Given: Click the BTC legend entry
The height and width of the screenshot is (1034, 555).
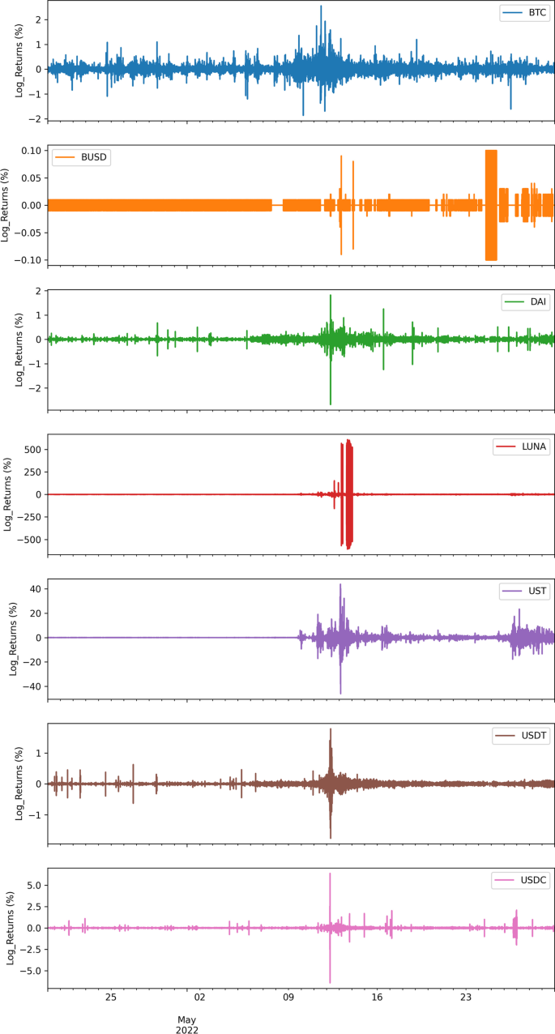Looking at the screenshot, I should pyautogui.click(x=524, y=14).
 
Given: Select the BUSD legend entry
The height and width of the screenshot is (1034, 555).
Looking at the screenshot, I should pyautogui.click(x=81, y=157).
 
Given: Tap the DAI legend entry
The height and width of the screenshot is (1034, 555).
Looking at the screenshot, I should pyautogui.click(x=527, y=302).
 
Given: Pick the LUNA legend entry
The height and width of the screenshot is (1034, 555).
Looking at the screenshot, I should pyautogui.click(x=522, y=446).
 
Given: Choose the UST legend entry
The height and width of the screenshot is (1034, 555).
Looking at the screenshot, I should pyautogui.click(x=527, y=592).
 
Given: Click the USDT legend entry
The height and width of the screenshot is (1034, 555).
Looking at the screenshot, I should pyautogui.click(x=523, y=736).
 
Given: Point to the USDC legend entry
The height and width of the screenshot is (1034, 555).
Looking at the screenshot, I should pyautogui.click(x=523, y=880).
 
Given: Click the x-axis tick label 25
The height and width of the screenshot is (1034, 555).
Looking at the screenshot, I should pyautogui.click(x=111, y=998).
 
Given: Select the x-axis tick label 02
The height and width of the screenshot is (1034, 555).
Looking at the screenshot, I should pyautogui.click(x=200, y=998).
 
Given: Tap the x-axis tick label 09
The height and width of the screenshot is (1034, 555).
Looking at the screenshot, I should pyautogui.click(x=288, y=998).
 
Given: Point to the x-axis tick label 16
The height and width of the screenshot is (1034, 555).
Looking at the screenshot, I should pyautogui.click(x=377, y=998).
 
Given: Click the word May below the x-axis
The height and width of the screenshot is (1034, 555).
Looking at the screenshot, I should pyautogui.click(x=187, y=1019).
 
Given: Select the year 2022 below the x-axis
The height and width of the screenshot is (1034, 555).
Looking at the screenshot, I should pyautogui.click(x=187, y=1030).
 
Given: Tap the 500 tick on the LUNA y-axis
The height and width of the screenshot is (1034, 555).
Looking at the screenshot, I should pyautogui.click(x=32, y=450).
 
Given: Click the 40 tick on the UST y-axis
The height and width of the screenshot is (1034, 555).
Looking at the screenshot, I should pyautogui.click(x=35, y=588).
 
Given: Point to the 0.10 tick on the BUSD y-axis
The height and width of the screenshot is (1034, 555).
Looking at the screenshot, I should pyautogui.click(x=29, y=151).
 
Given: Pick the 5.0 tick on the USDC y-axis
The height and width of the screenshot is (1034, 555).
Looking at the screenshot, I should pyautogui.click(x=32, y=886).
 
